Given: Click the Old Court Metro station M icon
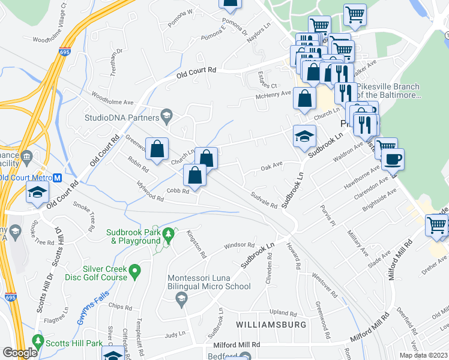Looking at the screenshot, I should (57, 178).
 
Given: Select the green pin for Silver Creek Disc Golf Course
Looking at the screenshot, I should (136, 272).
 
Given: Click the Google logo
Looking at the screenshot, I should (20, 353).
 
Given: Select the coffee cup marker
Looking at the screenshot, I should (393, 160).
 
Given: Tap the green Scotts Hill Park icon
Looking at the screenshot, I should (39, 341).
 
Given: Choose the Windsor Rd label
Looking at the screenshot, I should (240, 246).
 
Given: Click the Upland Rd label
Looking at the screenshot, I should (283, 313).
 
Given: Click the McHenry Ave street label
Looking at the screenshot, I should (273, 92).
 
